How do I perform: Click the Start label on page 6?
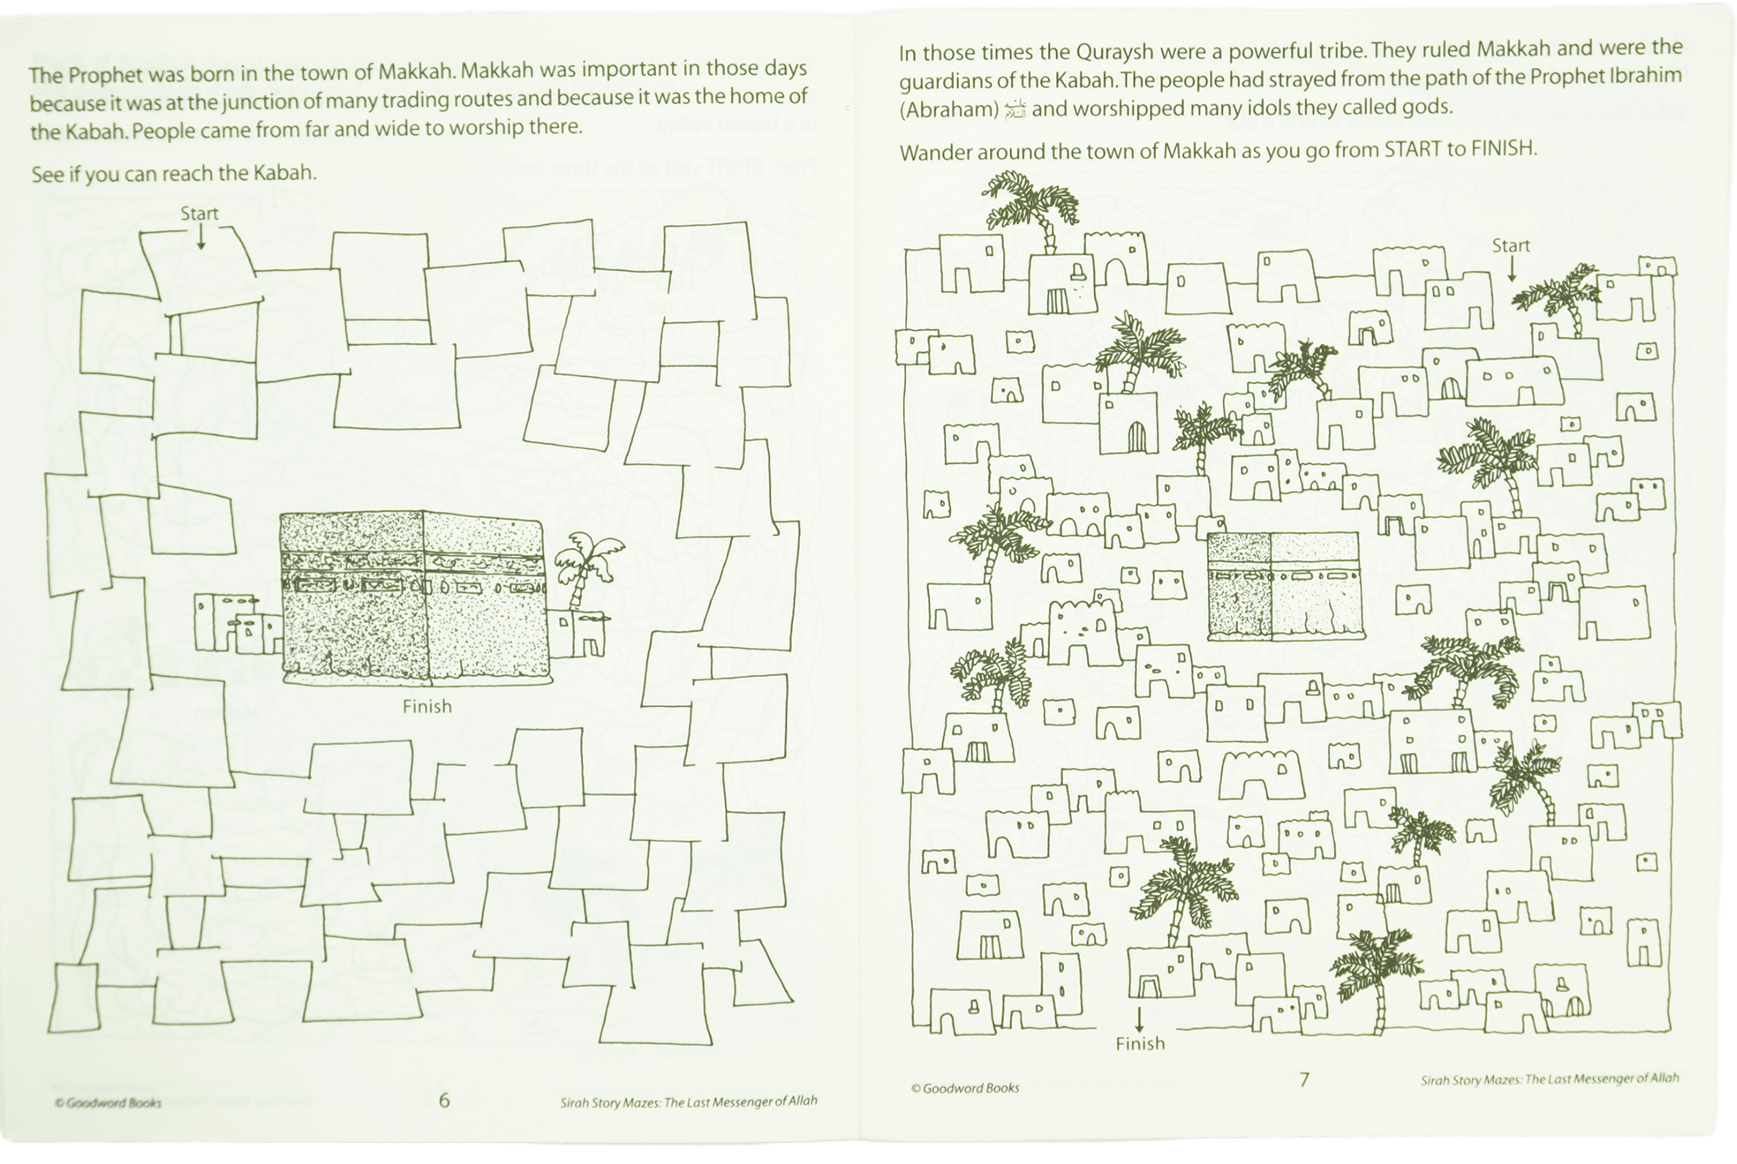click(199, 214)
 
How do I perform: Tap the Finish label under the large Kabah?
click(426, 707)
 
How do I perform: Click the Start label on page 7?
click(1510, 246)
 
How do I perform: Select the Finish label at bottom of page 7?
click(1139, 1043)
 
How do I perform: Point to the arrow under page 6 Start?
click(201, 237)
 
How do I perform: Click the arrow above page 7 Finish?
click(1139, 1020)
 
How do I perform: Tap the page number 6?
click(444, 1101)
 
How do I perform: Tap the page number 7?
click(1304, 1080)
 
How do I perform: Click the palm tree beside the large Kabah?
click(587, 570)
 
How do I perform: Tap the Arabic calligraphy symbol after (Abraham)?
click(1014, 109)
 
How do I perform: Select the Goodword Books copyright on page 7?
click(965, 1088)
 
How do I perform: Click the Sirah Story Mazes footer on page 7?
click(1549, 1080)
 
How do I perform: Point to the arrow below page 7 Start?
click(1511, 270)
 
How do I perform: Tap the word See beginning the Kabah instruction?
click(48, 175)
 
